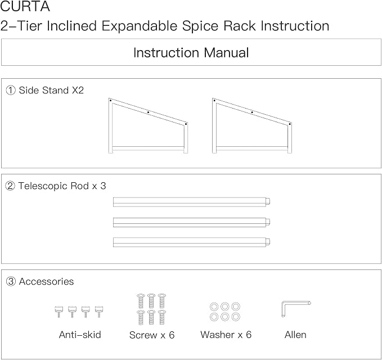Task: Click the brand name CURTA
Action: click(x=25, y=7)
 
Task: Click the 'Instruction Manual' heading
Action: click(x=191, y=53)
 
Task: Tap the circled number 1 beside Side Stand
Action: click(x=11, y=91)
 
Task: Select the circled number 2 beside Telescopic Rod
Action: click(x=10, y=186)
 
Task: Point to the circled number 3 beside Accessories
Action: click(x=11, y=282)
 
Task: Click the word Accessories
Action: click(x=46, y=282)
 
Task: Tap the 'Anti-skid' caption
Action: click(x=80, y=335)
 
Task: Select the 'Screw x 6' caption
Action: click(x=152, y=335)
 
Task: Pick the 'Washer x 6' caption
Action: click(x=226, y=335)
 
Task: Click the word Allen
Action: click(x=295, y=335)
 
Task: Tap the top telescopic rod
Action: click(x=191, y=202)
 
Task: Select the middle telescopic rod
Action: click(x=191, y=222)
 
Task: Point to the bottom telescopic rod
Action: click(x=191, y=242)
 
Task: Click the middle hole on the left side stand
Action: click(x=148, y=112)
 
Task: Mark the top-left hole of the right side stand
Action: click(x=214, y=100)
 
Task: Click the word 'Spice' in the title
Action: click(x=200, y=26)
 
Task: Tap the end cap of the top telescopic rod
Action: click(x=268, y=201)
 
